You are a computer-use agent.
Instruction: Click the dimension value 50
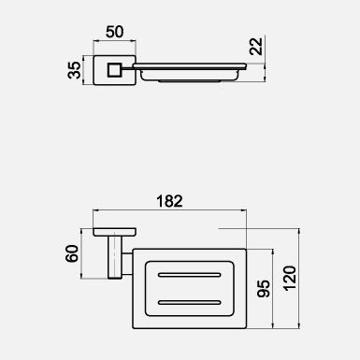pos(115,32)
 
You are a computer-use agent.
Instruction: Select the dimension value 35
pos(74,70)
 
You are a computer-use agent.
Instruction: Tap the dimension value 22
pos(257,46)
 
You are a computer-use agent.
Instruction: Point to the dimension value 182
pos(169,201)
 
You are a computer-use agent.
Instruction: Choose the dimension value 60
pos(72,253)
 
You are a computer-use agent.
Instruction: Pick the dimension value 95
pos(264,288)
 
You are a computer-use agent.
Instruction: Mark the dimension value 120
pos(290,279)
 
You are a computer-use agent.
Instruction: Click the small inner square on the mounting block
pos(114,70)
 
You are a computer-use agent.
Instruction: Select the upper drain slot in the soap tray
pos(190,275)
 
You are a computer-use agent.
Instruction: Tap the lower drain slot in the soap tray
pos(190,302)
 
